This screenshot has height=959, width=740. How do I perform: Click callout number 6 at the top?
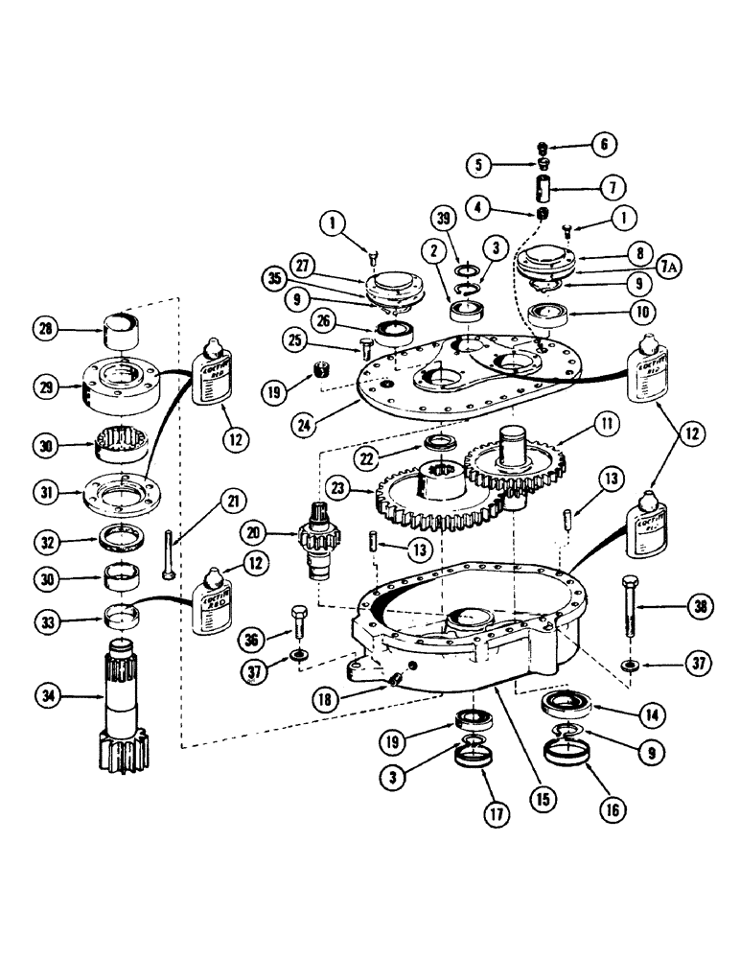click(x=604, y=145)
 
